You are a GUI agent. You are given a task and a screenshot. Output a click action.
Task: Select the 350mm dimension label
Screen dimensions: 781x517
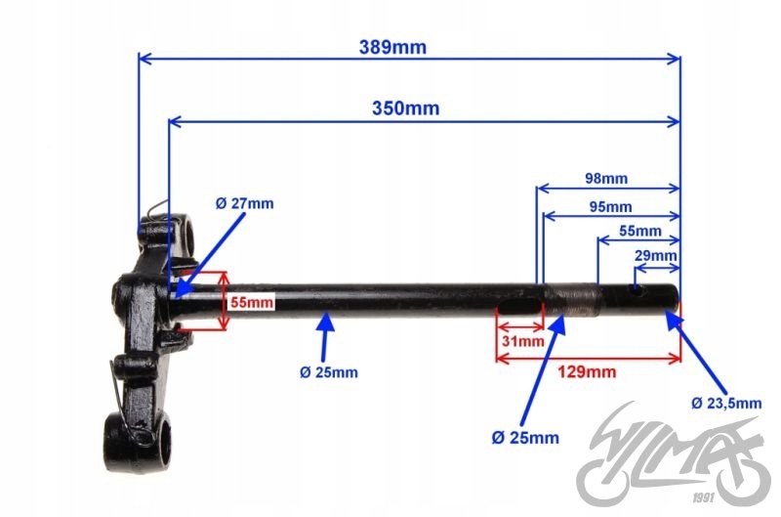point(405,108)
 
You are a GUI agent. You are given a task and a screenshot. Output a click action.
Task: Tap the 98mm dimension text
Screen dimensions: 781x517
point(606,179)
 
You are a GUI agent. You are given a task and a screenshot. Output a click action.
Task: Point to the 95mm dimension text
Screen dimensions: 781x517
point(610,206)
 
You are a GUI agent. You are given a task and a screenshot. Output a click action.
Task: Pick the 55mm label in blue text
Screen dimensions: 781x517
point(640,232)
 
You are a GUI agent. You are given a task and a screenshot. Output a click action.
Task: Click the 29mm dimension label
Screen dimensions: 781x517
point(655,256)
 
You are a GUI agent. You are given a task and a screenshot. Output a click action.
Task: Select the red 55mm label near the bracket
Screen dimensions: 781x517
point(252,302)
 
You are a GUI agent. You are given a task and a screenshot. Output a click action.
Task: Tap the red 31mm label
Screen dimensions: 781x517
point(521,341)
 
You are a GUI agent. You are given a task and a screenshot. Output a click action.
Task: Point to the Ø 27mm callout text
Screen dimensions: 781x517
point(245,203)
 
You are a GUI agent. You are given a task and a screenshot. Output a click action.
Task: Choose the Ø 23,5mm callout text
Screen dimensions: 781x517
point(725,403)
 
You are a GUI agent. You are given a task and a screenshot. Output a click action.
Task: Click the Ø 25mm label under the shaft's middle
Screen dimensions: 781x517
point(329,371)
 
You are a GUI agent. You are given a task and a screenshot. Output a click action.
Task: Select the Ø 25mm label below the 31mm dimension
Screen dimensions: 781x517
point(527,436)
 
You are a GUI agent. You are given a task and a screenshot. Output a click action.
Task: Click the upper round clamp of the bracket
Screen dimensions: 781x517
point(185,235)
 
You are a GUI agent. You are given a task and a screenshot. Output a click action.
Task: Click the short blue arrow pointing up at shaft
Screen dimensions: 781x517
point(325,331)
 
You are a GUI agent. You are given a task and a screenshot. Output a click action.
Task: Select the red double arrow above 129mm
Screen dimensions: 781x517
point(588,357)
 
